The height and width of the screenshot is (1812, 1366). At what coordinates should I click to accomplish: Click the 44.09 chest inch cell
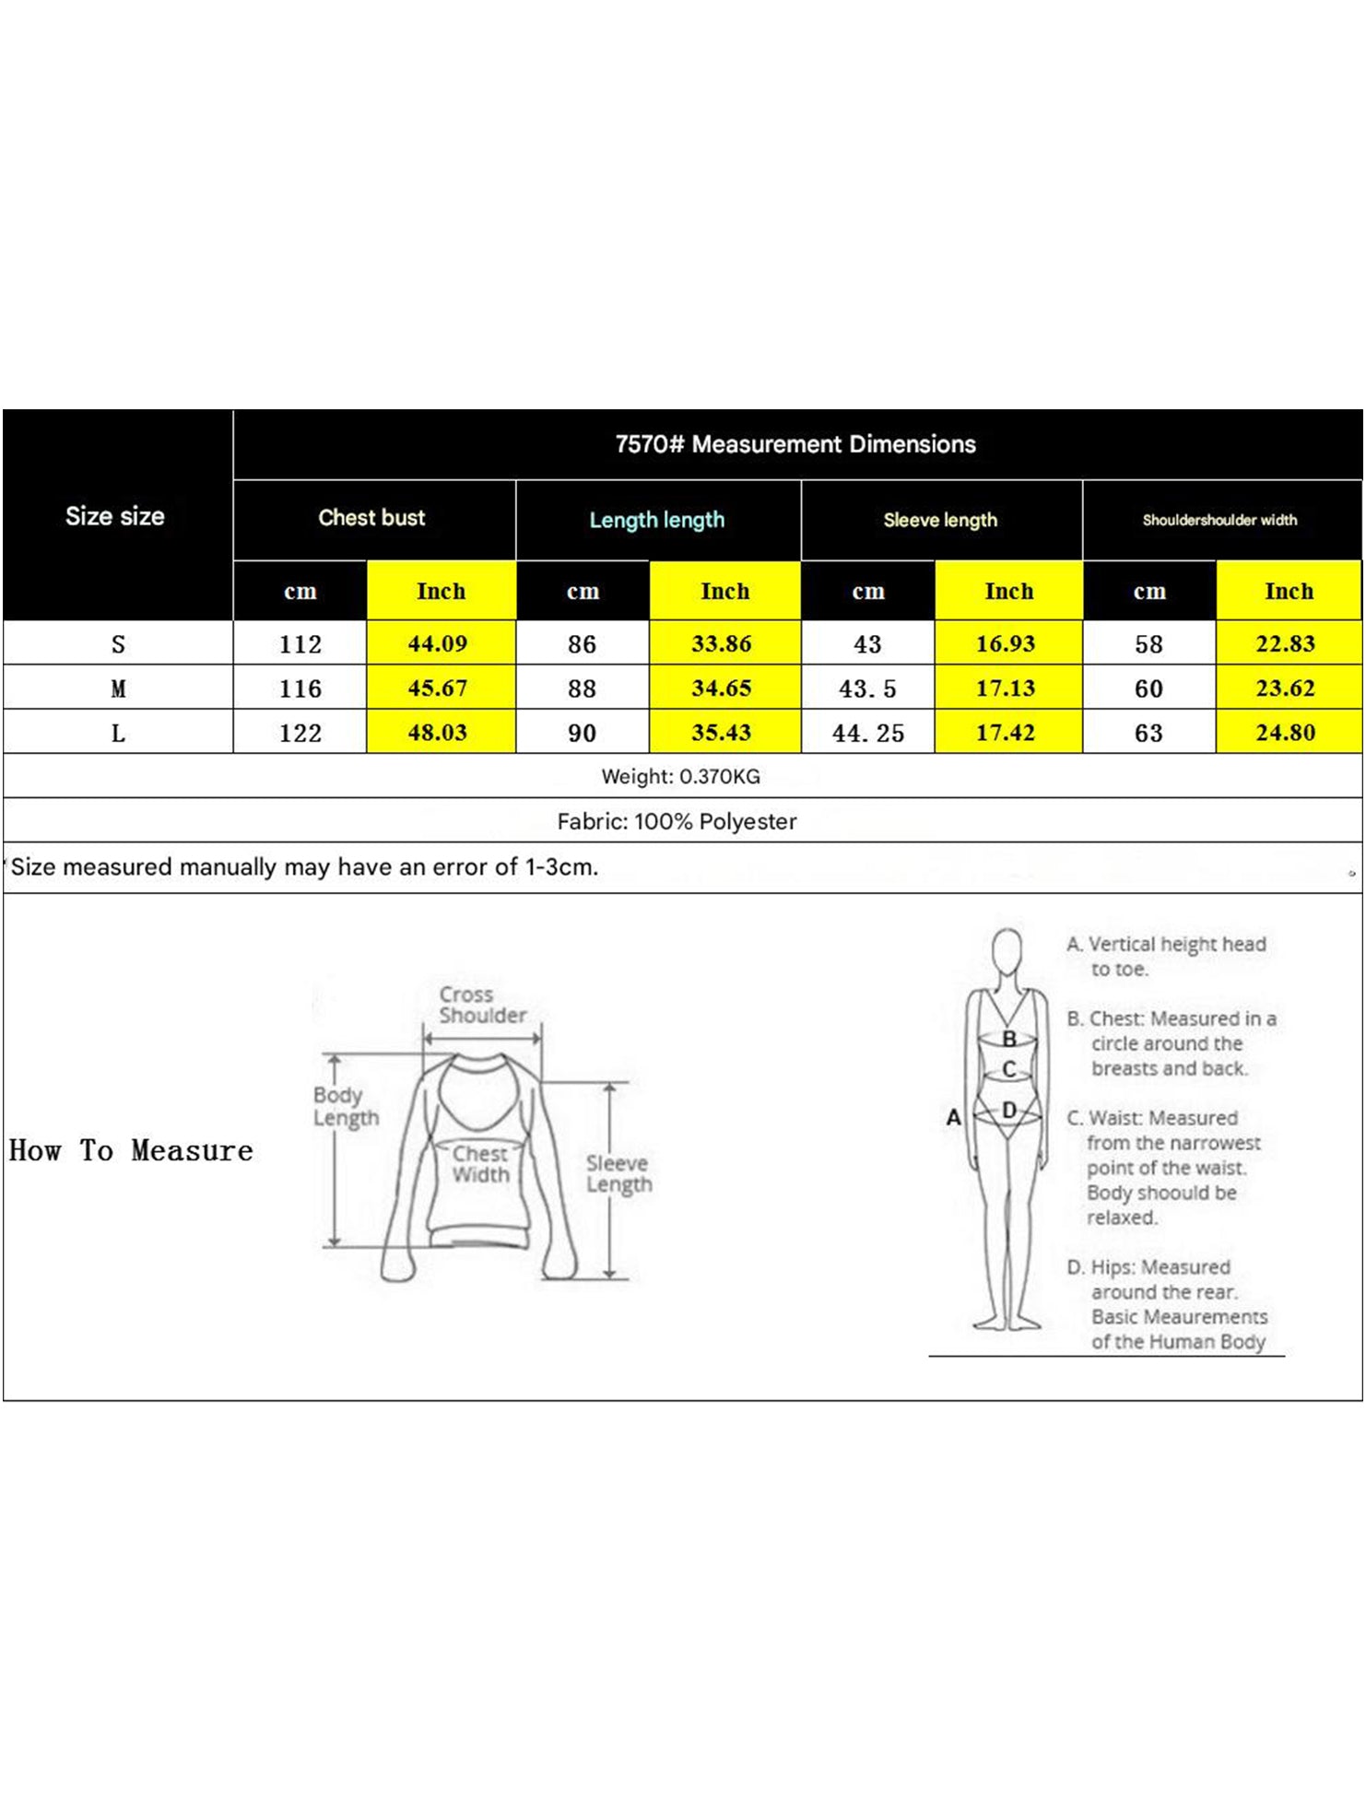pyautogui.click(x=438, y=643)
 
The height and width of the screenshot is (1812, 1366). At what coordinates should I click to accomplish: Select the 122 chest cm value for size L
pyautogui.click(x=300, y=733)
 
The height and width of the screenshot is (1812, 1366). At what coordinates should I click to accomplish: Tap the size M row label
pyautogui.click(x=118, y=688)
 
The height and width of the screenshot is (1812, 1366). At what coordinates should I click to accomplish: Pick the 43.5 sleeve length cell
pyautogui.click(x=867, y=688)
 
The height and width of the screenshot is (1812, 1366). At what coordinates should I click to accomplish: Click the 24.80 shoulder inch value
pyautogui.click(x=1286, y=733)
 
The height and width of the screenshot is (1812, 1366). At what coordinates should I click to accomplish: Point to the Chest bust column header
pyautogui.click(x=371, y=518)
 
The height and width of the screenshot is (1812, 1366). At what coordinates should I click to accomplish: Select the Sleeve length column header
pyautogui.click(x=940, y=520)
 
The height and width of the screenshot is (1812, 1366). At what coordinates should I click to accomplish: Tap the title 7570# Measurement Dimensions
pyautogui.click(x=795, y=444)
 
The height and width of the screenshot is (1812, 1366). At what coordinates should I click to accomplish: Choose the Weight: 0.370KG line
pyautogui.click(x=681, y=776)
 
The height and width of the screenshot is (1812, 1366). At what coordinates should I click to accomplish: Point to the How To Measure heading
pyautogui.click(x=131, y=1150)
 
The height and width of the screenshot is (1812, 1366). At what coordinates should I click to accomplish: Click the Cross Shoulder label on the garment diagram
pyautogui.click(x=482, y=1005)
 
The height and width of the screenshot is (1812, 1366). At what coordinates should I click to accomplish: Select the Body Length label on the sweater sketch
pyautogui.click(x=346, y=1106)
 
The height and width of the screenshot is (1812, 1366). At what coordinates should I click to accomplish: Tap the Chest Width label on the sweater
pyautogui.click(x=480, y=1164)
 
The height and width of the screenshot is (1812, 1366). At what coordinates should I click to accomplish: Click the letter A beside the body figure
pyautogui.click(x=954, y=1118)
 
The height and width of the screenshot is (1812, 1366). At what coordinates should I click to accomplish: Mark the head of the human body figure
pyautogui.click(x=1007, y=949)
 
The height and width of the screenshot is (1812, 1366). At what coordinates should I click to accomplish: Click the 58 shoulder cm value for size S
pyautogui.click(x=1148, y=644)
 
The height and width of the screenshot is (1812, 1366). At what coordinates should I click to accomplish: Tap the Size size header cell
pyautogui.click(x=115, y=516)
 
